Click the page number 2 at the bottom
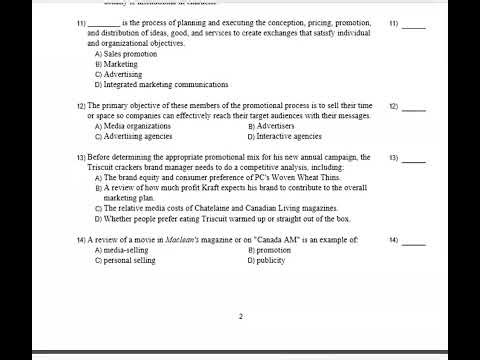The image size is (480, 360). pyautogui.click(x=240, y=317)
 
